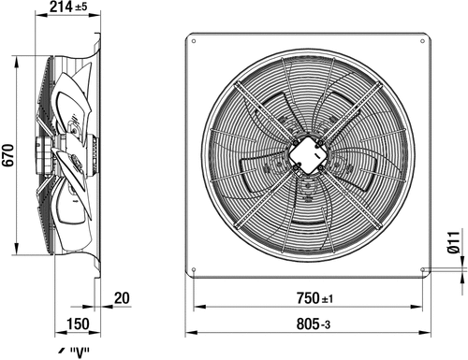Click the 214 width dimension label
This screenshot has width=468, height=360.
point(61,7)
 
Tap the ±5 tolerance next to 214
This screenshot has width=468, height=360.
point(81,7)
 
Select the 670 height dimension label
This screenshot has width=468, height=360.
point(7,155)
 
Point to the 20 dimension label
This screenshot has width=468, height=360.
point(122,298)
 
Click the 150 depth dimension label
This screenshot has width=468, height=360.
point(78,324)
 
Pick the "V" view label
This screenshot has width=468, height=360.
point(80,353)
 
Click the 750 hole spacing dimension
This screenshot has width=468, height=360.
point(308,298)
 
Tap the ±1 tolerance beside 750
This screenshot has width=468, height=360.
point(328,299)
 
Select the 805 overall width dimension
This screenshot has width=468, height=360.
point(308,324)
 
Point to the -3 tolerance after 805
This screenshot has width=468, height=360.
point(326,325)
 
